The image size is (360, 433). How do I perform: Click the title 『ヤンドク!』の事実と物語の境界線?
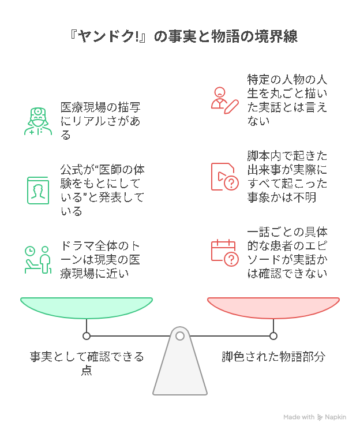coord(179,36)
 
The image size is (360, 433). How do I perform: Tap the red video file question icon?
coord(224,176)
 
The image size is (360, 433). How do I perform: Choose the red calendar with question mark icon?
coord(224,252)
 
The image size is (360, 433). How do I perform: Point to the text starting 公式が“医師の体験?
coord(101,190)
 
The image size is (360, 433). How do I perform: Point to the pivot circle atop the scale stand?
coord(180,336)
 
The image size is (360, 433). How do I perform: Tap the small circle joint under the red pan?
coord(273,336)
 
